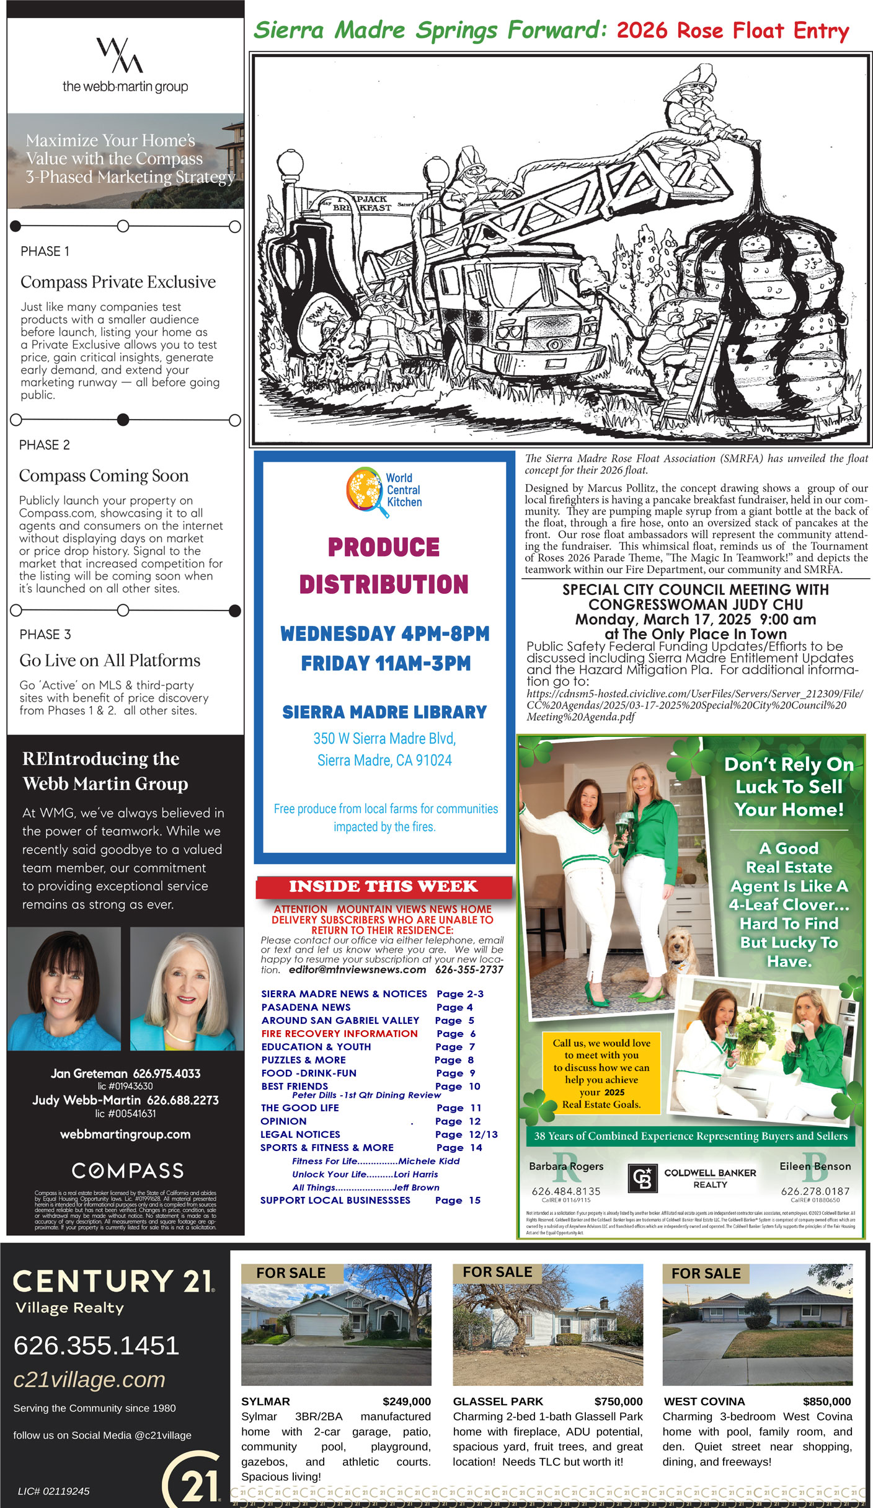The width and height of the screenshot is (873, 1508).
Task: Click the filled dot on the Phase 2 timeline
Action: pyautogui.click(x=123, y=420)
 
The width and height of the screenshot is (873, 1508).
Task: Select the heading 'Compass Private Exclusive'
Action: pyautogui.click(x=118, y=282)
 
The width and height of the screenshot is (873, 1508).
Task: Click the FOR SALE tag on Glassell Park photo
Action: pyautogui.click(x=497, y=1272)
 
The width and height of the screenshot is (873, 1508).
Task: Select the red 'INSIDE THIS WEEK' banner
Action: pyautogui.click(x=383, y=886)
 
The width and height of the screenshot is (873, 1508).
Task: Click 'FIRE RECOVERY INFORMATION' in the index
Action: pyautogui.click(x=339, y=1033)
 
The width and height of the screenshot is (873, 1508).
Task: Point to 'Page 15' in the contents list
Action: pyautogui.click(x=458, y=1200)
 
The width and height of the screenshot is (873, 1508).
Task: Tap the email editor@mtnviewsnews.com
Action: pyautogui.click(x=357, y=969)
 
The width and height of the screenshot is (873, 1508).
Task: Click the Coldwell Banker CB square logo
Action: pyautogui.click(x=643, y=1178)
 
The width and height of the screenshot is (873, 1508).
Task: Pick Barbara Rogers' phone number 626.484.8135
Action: pyautogui.click(x=565, y=1191)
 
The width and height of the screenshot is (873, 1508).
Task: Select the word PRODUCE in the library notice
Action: pyautogui.click(x=384, y=547)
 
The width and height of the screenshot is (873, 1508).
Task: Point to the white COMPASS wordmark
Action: pyautogui.click(x=128, y=1171)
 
